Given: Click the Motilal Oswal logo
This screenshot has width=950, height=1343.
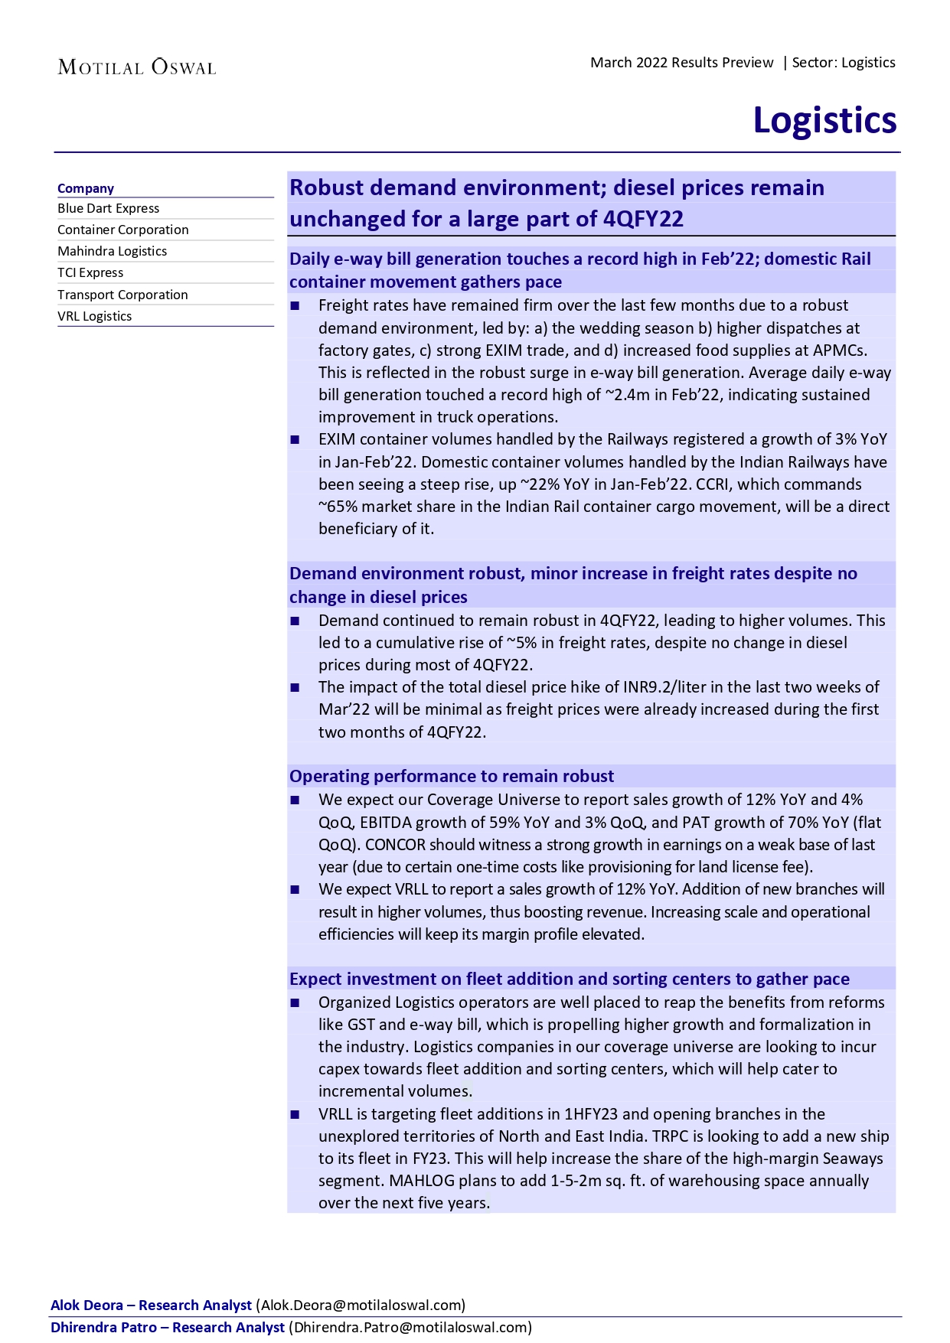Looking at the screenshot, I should point(137,67).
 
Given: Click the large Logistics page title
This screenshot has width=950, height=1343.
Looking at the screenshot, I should point(824,120).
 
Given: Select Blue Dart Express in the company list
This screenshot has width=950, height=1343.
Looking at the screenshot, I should point(109,208).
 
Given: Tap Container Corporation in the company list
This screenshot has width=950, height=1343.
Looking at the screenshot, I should point(123,230).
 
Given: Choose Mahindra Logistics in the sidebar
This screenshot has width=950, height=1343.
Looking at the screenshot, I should point(113,251).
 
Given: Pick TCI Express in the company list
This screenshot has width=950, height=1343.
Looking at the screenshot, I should point(90,272).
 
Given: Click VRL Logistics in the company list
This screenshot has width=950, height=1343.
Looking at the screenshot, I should point(95,316).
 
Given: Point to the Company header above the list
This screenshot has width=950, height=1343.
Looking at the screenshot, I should point(86,188).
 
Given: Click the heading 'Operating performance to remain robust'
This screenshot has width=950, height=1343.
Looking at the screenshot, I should point(452,776).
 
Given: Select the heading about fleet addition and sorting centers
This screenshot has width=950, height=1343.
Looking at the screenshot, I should point(570,979).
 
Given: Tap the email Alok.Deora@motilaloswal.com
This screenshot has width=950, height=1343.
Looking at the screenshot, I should point(361,1305).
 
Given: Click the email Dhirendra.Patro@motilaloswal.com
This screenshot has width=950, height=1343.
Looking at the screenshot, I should point(410,1327).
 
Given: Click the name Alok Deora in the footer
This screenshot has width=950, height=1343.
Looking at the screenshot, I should point(87,1305).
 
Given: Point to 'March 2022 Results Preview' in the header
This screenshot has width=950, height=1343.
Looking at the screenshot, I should point(682,63).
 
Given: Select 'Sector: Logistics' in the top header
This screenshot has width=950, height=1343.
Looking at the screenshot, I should point(844,63).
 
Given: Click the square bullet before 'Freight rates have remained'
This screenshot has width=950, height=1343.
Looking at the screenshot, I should point(295,306).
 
